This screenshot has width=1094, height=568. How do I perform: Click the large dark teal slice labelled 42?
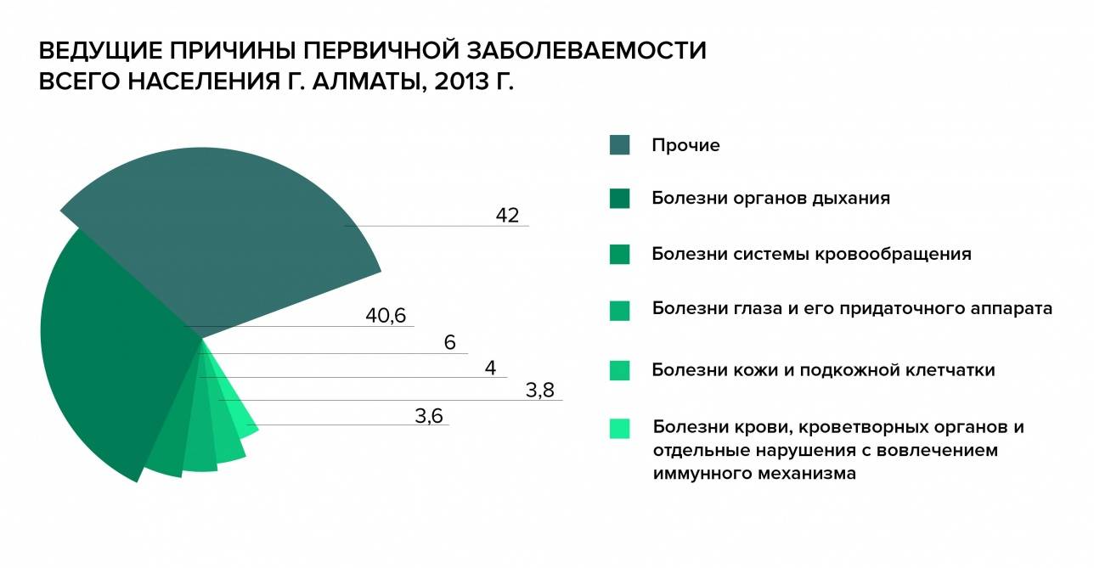pos(229,238)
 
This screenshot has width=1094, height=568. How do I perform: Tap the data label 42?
pos(507,216)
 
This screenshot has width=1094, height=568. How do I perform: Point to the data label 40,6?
pos(386,316)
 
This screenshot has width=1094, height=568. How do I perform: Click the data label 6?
pos(450,343)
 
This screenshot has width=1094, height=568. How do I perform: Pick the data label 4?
pos(490,368)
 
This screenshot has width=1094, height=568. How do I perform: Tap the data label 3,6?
pos(429,416)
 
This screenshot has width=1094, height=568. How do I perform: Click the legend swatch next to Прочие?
pos(619,145)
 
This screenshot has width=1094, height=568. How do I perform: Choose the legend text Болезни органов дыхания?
pos(770,199)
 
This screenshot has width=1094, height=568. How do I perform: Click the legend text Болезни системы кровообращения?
pos(811,254)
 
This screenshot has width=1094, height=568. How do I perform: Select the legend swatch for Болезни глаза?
pos(619,311)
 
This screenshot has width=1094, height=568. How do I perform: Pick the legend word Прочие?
pos(685,145)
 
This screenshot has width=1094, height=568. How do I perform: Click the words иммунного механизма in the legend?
pos(754,474)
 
